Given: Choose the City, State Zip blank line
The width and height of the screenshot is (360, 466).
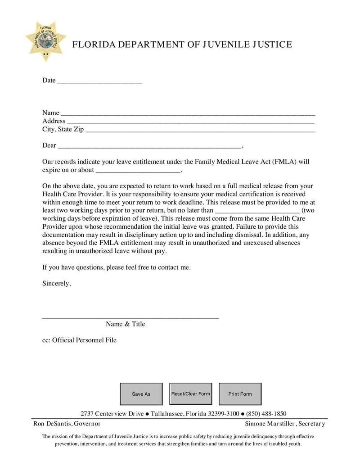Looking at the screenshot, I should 200,130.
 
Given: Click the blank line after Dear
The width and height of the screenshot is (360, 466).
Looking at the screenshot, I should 149,146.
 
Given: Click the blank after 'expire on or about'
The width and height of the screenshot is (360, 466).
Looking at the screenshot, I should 138,171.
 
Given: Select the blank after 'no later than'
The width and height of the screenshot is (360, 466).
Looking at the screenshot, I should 257,211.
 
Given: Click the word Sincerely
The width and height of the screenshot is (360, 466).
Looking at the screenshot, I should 56,284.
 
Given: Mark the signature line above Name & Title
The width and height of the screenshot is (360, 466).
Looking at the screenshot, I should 130,317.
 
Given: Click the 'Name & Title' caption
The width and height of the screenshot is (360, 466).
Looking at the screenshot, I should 126,324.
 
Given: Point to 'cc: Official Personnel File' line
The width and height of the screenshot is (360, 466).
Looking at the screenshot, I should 79,340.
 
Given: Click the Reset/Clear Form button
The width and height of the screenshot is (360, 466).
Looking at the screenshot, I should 190,394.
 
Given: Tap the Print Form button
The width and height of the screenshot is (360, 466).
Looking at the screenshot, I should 240,394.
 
